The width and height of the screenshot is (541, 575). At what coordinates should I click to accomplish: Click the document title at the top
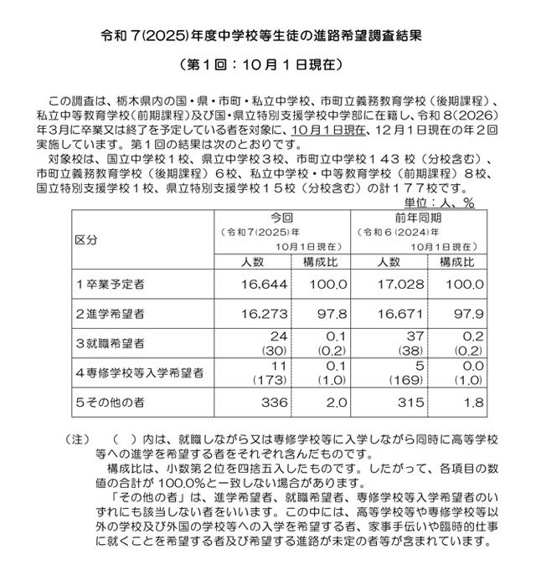(270, 37)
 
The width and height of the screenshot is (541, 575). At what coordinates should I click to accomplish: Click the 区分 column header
(86, 239)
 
